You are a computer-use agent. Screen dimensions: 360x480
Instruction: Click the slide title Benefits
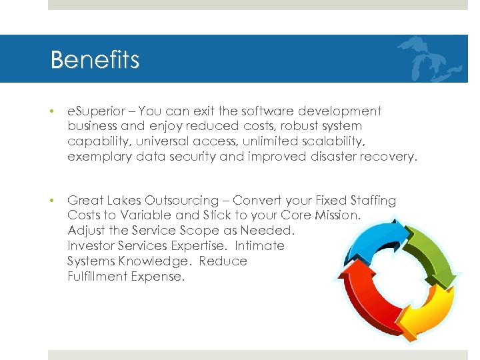click(95, 60)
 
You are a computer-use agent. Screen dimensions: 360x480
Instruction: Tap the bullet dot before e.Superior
click(53, 111)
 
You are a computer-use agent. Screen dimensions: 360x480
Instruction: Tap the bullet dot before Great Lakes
click(53, 201)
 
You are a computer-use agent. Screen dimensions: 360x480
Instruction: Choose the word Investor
click(91, 246)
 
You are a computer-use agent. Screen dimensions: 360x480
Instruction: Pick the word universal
click(183, 141)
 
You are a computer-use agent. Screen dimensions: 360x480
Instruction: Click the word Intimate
click(260, 246)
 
